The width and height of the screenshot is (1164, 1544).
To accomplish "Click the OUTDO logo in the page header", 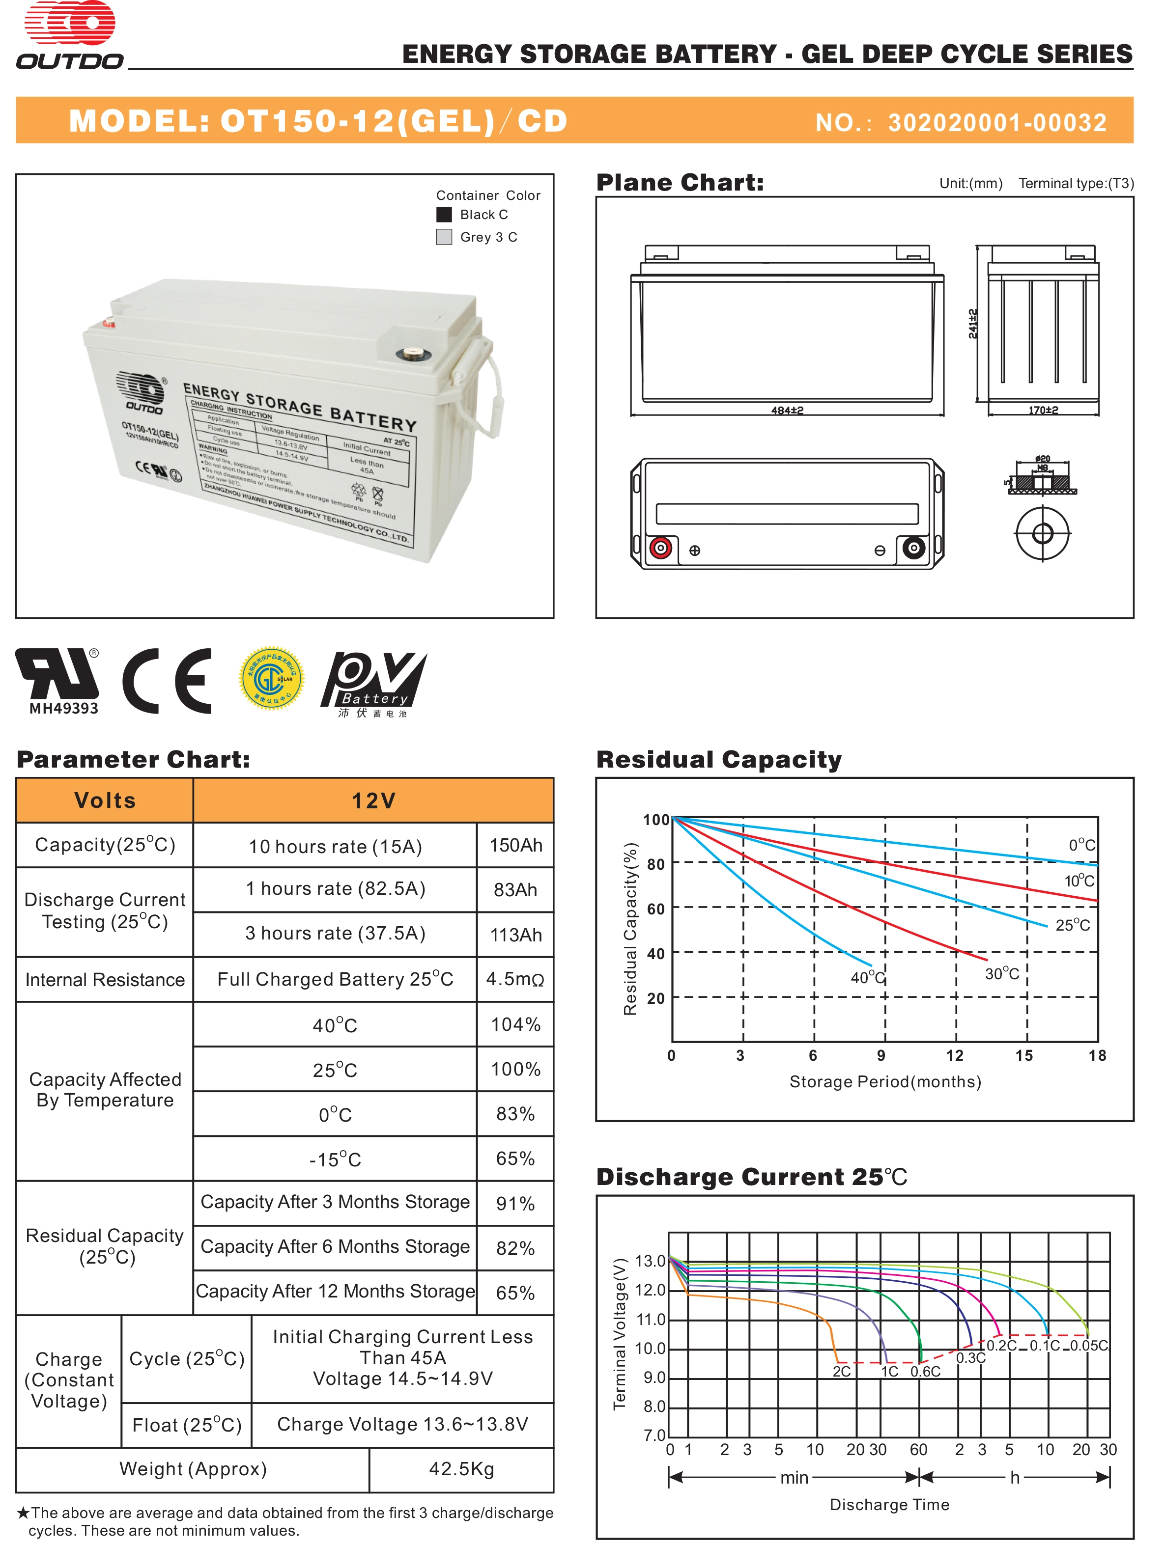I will (70, 35).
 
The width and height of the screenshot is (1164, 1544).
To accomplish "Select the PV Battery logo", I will (373, 682).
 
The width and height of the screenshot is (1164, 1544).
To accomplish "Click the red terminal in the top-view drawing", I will (660, 548).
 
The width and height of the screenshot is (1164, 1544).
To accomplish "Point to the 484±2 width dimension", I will (787, 411).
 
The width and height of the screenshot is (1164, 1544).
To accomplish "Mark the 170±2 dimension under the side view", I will (1043, 411).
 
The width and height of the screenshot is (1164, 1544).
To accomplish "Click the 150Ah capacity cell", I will (515, 845).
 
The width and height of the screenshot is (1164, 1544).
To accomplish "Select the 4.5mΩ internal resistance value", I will (515, 979).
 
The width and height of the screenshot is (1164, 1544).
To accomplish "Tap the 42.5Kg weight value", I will (461, 1469).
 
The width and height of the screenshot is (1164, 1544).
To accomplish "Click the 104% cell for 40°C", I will (515, 1025).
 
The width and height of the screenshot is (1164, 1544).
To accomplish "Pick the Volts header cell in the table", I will (105, 800).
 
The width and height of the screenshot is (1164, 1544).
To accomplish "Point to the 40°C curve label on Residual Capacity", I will (867, 978).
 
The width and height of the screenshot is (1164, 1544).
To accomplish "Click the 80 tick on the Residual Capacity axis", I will (655, 864).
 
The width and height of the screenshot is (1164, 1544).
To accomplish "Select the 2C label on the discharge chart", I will (841, 1372).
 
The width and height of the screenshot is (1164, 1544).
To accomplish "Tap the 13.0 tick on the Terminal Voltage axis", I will (650, 1261).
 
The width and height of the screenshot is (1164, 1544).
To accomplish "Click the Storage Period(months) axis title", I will (885, 1082).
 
